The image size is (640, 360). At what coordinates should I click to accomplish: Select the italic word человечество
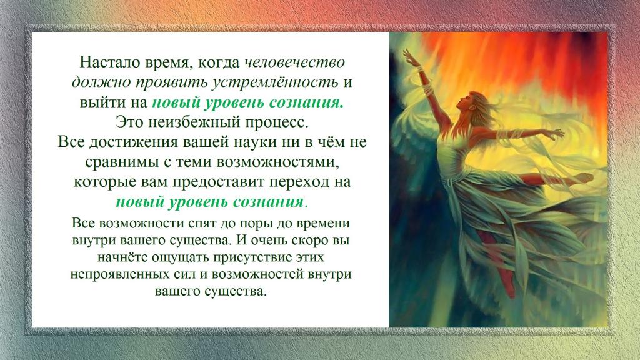pos(295,62)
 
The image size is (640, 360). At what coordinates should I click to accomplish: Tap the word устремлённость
pos(276,82)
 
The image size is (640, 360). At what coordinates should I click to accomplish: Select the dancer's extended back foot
pos(583,177)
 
